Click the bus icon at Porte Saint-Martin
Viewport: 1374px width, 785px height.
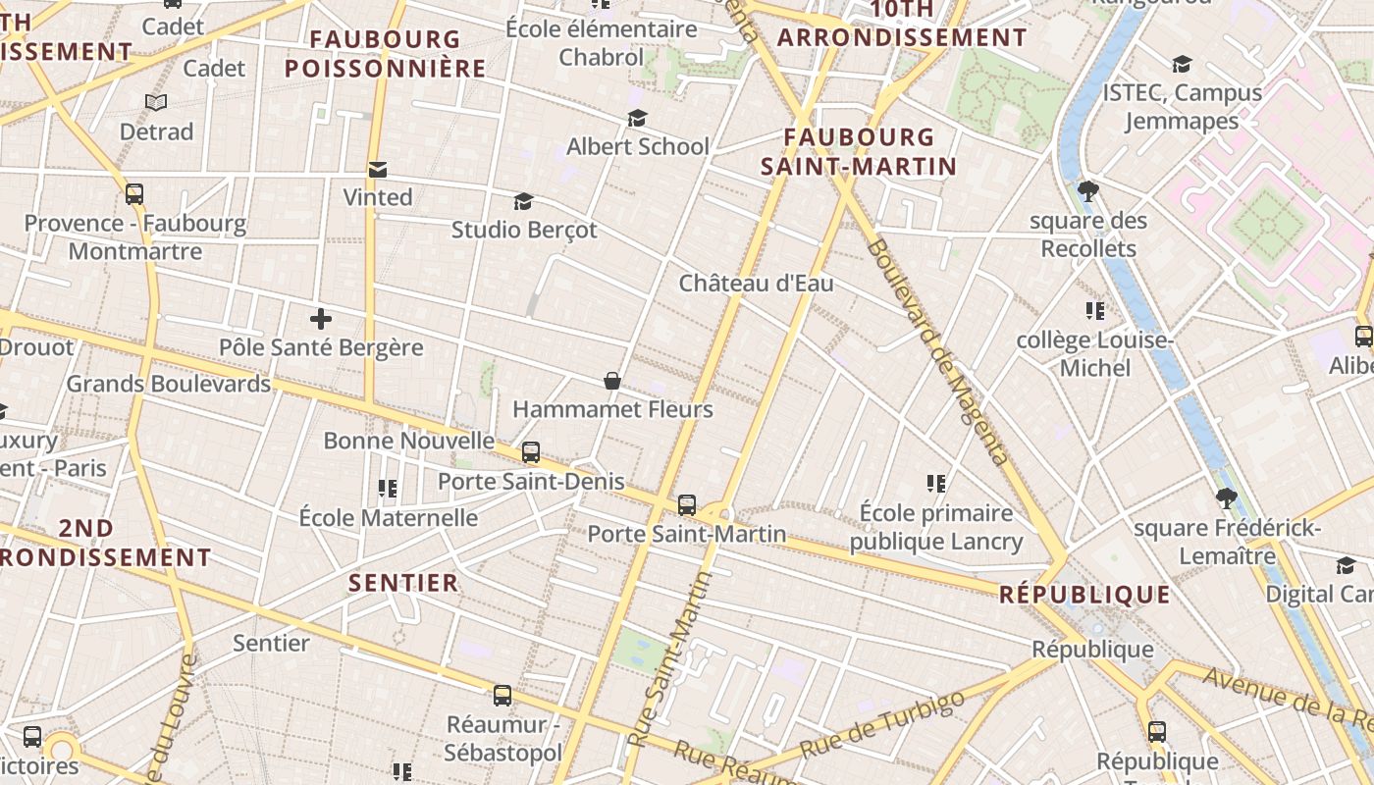687,505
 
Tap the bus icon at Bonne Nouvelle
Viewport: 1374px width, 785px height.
531,452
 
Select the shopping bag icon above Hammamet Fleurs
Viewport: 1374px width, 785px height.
612,380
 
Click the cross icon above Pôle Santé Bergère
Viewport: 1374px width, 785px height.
321,319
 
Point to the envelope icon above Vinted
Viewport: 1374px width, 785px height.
377,170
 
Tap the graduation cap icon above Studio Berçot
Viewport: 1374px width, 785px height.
523,202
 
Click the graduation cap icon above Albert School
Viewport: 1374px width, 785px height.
637,119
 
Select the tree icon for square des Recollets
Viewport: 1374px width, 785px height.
1087,191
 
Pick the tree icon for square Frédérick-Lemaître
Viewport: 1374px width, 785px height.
1226,498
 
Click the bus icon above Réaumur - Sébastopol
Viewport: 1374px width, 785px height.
502,696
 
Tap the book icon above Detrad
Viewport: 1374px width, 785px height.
156,102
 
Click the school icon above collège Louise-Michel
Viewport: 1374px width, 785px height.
1095,312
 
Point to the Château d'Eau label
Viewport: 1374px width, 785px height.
757,284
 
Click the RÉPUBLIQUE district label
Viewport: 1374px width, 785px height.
1084,595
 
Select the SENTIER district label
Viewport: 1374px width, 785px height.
403,583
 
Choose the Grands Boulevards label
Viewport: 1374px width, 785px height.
168,384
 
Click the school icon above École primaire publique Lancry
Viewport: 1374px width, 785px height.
936,483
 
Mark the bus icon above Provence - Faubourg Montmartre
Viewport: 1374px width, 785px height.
134,194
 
